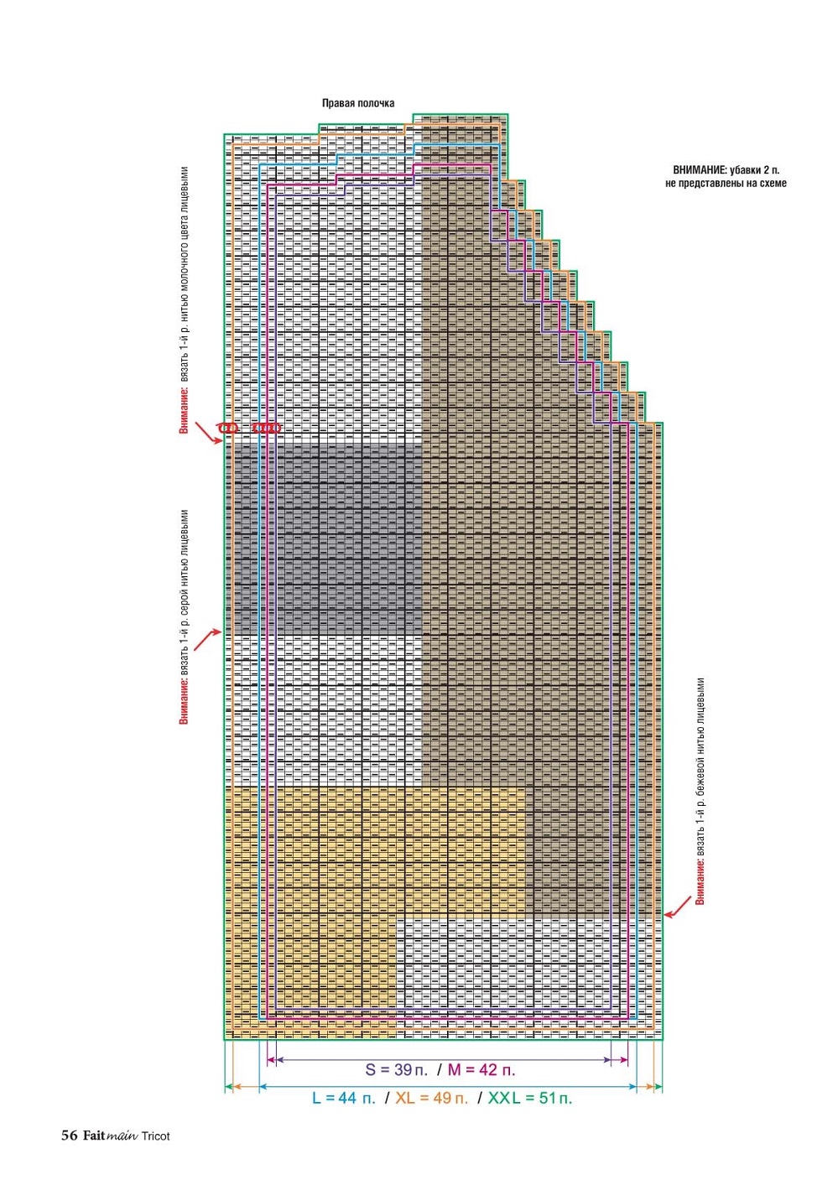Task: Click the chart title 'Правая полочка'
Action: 358,103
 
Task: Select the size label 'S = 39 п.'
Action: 396,1070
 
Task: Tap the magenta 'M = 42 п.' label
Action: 481,1070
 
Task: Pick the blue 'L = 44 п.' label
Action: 344,1098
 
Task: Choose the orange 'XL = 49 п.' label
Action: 431,1098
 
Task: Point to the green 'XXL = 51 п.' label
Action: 530,1098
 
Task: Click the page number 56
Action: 69,1136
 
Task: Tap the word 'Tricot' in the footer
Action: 155,1136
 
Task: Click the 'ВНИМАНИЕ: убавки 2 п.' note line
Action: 726,170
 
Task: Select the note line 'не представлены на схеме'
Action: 726,184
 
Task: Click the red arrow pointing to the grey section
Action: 207,639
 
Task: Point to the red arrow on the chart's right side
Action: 678,907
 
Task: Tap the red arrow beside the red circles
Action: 206,433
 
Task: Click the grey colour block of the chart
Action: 327,537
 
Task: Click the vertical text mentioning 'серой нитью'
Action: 184,617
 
